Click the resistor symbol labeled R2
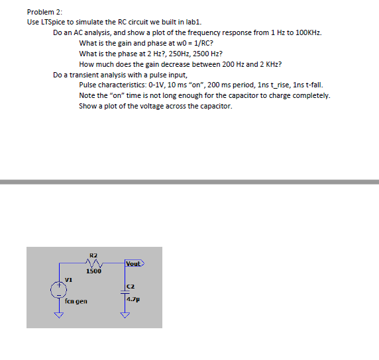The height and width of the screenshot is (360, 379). click(x=93, y=262)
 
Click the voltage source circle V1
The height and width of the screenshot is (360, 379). click(x=58, y=290)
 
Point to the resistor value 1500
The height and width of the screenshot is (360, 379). click(x=93, y=271)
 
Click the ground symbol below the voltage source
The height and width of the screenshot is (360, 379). click(x=58, y=316)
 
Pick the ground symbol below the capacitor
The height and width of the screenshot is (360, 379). click(x=123, y=315)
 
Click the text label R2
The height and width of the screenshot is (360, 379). click(x=93, y=254)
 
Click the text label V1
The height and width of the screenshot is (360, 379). click(x=68, y=280)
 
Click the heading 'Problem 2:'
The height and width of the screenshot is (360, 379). click(x=44, y=12)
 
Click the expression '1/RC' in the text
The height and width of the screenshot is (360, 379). click(x=198, y=43)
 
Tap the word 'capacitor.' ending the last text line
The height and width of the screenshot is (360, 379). click(x=215, y=107)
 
